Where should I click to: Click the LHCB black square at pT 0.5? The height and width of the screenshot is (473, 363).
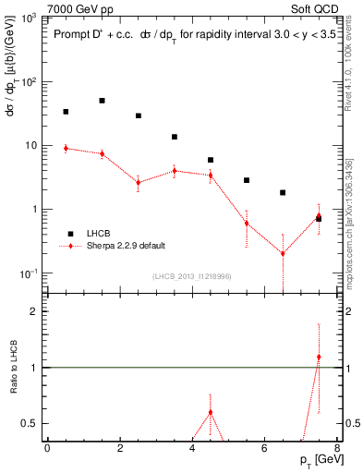[66, 112]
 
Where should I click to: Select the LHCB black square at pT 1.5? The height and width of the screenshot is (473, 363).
[102, 101]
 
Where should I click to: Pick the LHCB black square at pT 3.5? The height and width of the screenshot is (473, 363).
[175, 137]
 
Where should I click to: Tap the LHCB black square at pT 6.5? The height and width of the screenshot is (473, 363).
[283, 193]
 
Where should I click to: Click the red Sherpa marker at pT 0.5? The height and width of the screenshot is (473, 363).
[66, 148]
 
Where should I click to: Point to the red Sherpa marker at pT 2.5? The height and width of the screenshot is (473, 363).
[139, 182]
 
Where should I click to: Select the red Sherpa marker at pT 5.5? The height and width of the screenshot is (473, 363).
[247, 223]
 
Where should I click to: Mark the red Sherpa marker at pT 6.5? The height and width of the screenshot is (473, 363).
[283, 253]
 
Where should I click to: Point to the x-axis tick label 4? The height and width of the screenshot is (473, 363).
[192, 447]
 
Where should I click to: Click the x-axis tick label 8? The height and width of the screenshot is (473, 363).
[337, 447]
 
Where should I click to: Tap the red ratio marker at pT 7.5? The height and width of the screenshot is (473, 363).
[319, 357]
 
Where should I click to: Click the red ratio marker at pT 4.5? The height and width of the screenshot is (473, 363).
[211, 412]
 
